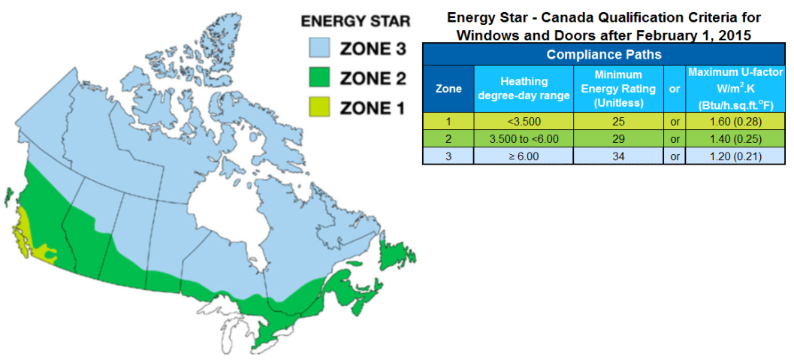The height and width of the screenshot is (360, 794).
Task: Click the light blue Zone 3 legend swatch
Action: tap(322, 49)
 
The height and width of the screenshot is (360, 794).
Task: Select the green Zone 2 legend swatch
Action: tap(322, 77)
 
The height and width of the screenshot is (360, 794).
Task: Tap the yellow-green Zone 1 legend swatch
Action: tap(322, 107)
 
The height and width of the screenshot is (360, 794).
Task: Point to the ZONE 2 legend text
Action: tap(373, 78)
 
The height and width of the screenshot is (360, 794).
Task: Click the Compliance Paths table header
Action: tap(604, 54)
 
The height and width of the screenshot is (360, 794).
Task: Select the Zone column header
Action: tap(448, 89)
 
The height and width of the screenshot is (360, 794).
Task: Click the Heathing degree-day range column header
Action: tap(524, 89)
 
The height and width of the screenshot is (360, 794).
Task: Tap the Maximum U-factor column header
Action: tap(735, 89)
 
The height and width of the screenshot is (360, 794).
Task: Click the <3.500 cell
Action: tap(524, 122)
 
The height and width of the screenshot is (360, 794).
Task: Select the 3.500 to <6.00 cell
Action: tap(524, 139)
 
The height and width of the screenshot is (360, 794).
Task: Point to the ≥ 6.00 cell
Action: tap(524, 156)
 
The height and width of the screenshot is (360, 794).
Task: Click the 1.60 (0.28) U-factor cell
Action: tap(735, 122)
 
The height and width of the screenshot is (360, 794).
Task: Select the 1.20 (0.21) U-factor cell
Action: tap(735, 156)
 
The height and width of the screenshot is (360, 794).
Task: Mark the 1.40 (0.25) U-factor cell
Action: tap(735, 139)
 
